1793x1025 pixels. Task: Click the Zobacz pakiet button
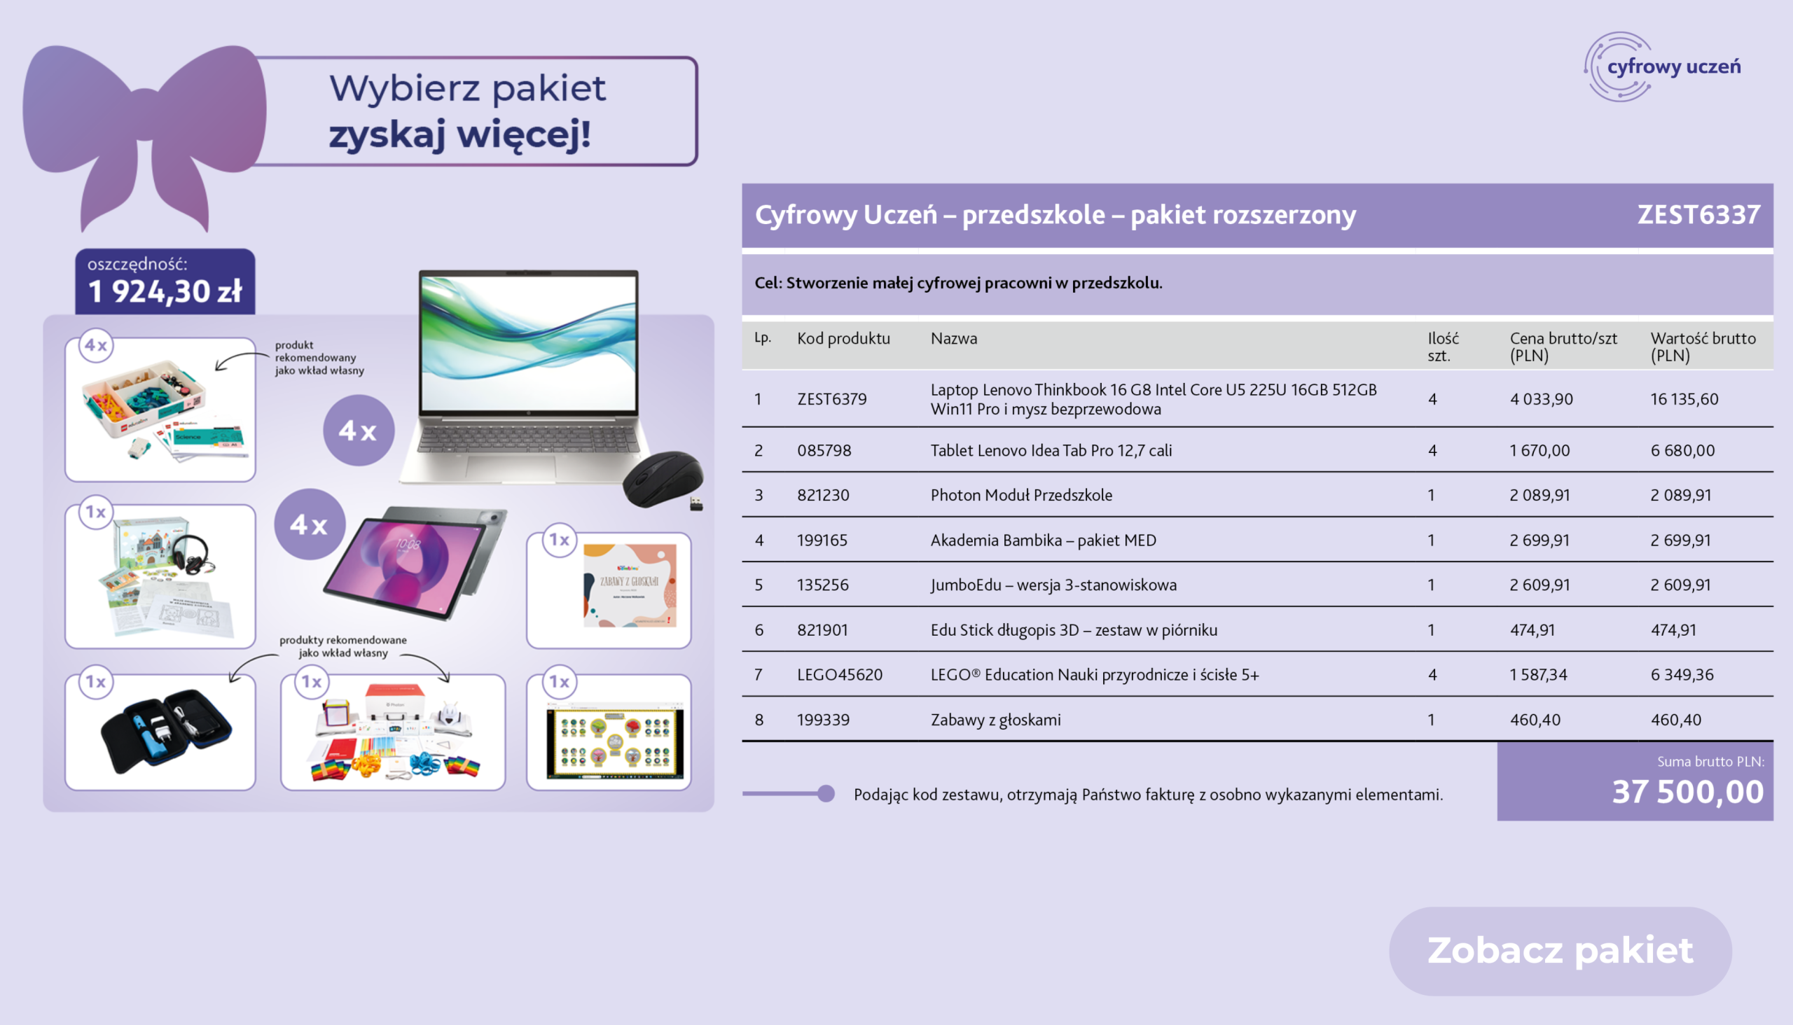(x=1560, y=950)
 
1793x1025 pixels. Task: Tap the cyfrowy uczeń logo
(x=1662, y=67)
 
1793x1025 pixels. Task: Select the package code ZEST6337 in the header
(x=1698, y=215)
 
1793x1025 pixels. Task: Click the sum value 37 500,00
(x=1687, y=791)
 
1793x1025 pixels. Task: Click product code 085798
(x=824, y=451)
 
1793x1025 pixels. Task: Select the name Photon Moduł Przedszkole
(x=1021, y=495)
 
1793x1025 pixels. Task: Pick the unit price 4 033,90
(x=1541, y=399)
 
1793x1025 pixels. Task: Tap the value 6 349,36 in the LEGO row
(x=1682, y=674)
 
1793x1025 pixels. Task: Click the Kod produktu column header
(x=843, y=339)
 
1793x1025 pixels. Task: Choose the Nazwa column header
(x=953, y=339)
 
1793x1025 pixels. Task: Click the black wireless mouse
(x=663, y=480)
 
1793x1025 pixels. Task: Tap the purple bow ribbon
(x=144, y=134)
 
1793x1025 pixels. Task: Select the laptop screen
(x=528, y=343)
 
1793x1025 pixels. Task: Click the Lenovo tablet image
(x=415, y=562)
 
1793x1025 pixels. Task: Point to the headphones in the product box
(x=191, y=553)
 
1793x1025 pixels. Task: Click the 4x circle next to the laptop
(x=359, y=430)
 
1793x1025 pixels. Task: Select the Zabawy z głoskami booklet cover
(x=630, y=585)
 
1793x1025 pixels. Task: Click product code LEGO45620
(x=840, y=674)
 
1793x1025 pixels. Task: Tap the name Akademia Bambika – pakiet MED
(x=1043, y=540)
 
